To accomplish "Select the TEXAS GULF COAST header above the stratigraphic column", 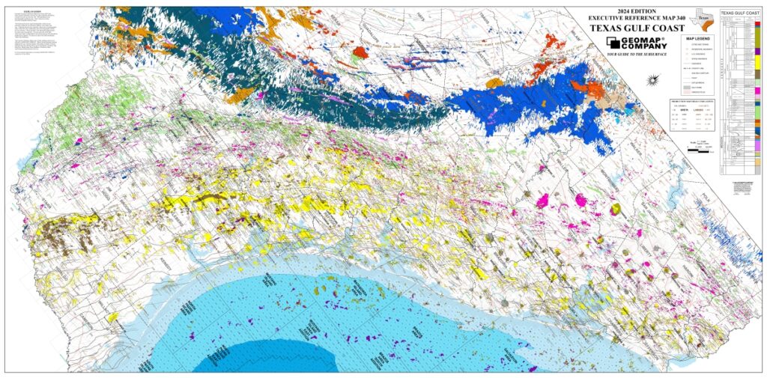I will coord(740,13).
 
